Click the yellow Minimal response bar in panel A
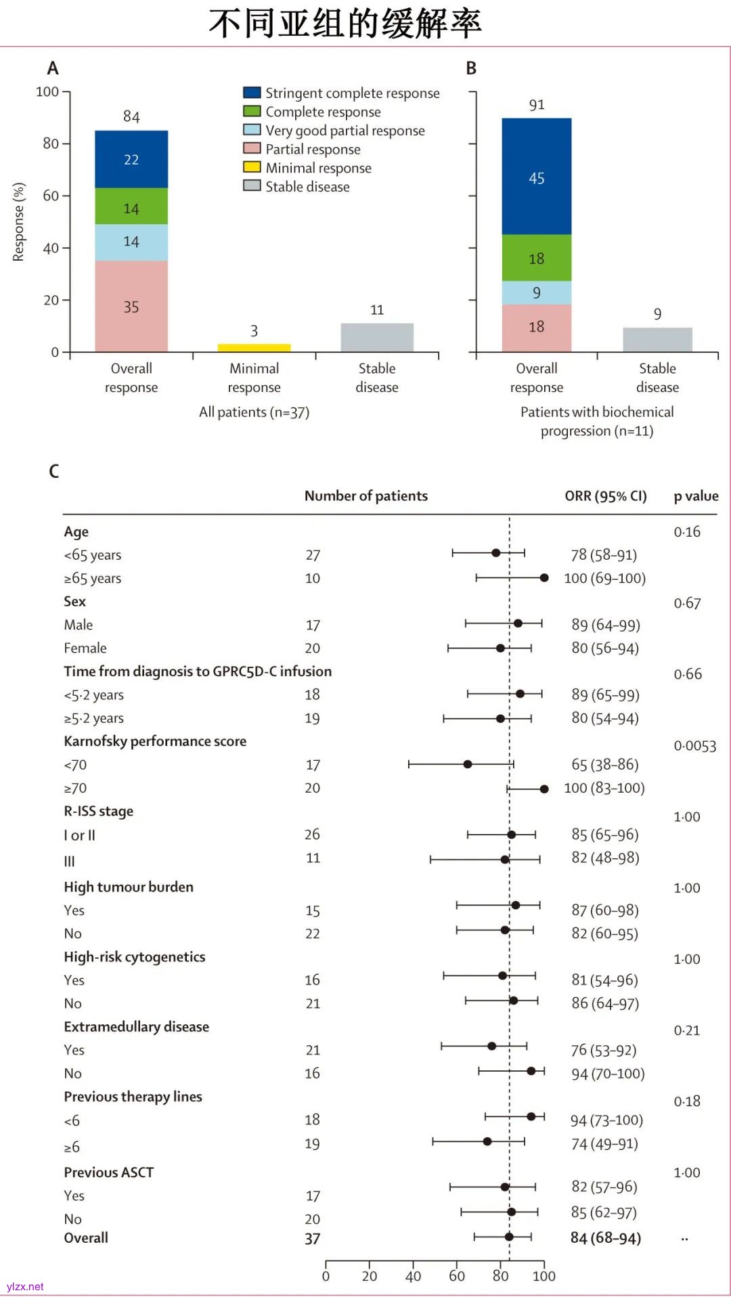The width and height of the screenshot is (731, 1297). click(254, 348)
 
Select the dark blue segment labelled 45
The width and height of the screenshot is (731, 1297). click(536, 177)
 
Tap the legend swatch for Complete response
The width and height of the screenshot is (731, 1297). click(252, 111)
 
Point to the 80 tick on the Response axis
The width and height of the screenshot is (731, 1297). click(51, 144)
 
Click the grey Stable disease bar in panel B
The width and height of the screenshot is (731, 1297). click(657, 340)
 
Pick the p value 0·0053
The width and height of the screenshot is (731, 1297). click(694, 746)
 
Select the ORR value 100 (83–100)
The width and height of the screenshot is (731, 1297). click(604, 788)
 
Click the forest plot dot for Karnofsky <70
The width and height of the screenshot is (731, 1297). click(467, 764)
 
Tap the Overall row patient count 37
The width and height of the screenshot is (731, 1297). click(312, 1239)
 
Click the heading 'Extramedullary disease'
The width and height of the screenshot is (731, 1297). click(136, 1027)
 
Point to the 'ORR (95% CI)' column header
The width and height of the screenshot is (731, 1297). click(605, 496)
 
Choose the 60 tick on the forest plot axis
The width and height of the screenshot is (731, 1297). click(457, 1276)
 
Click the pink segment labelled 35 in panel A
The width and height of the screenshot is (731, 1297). click(131, 307)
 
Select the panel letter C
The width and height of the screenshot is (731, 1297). click(54, 471)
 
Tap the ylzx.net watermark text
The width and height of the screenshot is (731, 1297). click(25, 1287)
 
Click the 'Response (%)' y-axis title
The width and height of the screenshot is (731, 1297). click(18, 222)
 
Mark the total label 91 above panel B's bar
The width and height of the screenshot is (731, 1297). click(537, 105)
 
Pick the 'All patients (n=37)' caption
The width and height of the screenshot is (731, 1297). click(254, 412)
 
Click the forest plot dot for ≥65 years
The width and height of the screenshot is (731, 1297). click(544, 578)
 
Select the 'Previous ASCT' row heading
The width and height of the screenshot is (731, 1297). click(108, 1172)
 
